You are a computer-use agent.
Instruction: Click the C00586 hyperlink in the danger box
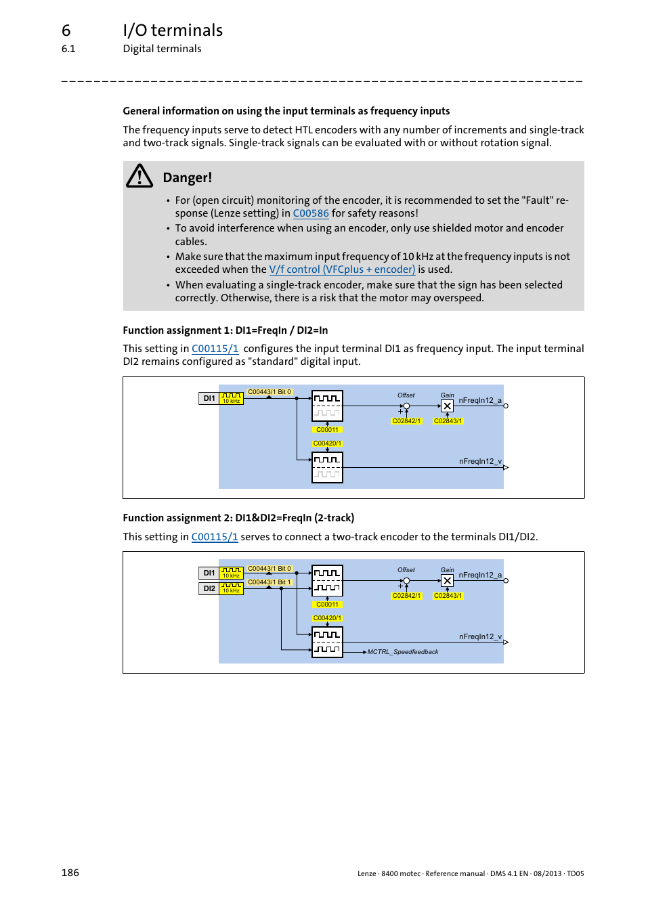pos(311,213)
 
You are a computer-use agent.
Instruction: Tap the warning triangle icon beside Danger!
pos(139,176)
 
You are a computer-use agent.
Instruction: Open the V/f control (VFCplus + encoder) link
pos(342,269)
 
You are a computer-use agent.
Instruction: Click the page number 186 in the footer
pos(70,873)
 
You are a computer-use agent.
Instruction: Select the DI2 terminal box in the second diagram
pos(209,588)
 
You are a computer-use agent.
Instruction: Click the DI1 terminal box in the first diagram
pos(209,398)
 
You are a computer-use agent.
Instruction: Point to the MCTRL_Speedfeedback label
pos(403,652)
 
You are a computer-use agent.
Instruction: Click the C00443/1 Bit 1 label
pos(269,582)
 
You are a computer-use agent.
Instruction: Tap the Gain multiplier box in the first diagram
pos(447,406)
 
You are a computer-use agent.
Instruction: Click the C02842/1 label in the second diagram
pos(406,596)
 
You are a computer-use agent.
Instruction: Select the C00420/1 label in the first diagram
pos(327,443)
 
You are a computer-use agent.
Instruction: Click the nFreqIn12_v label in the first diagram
pos(480,461)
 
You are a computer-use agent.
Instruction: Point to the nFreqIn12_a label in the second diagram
pos(480,575)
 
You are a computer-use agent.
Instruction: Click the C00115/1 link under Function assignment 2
pos(215,537)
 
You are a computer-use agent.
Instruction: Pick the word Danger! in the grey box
pos(188,177)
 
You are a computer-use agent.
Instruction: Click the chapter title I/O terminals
pos(173,30)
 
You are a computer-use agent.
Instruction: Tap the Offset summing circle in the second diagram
pos(406,581)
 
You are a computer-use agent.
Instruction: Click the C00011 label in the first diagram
pos(327,430)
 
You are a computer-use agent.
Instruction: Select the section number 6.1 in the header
pos(68,49)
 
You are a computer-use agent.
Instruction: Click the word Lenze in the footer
pos(366,873)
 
